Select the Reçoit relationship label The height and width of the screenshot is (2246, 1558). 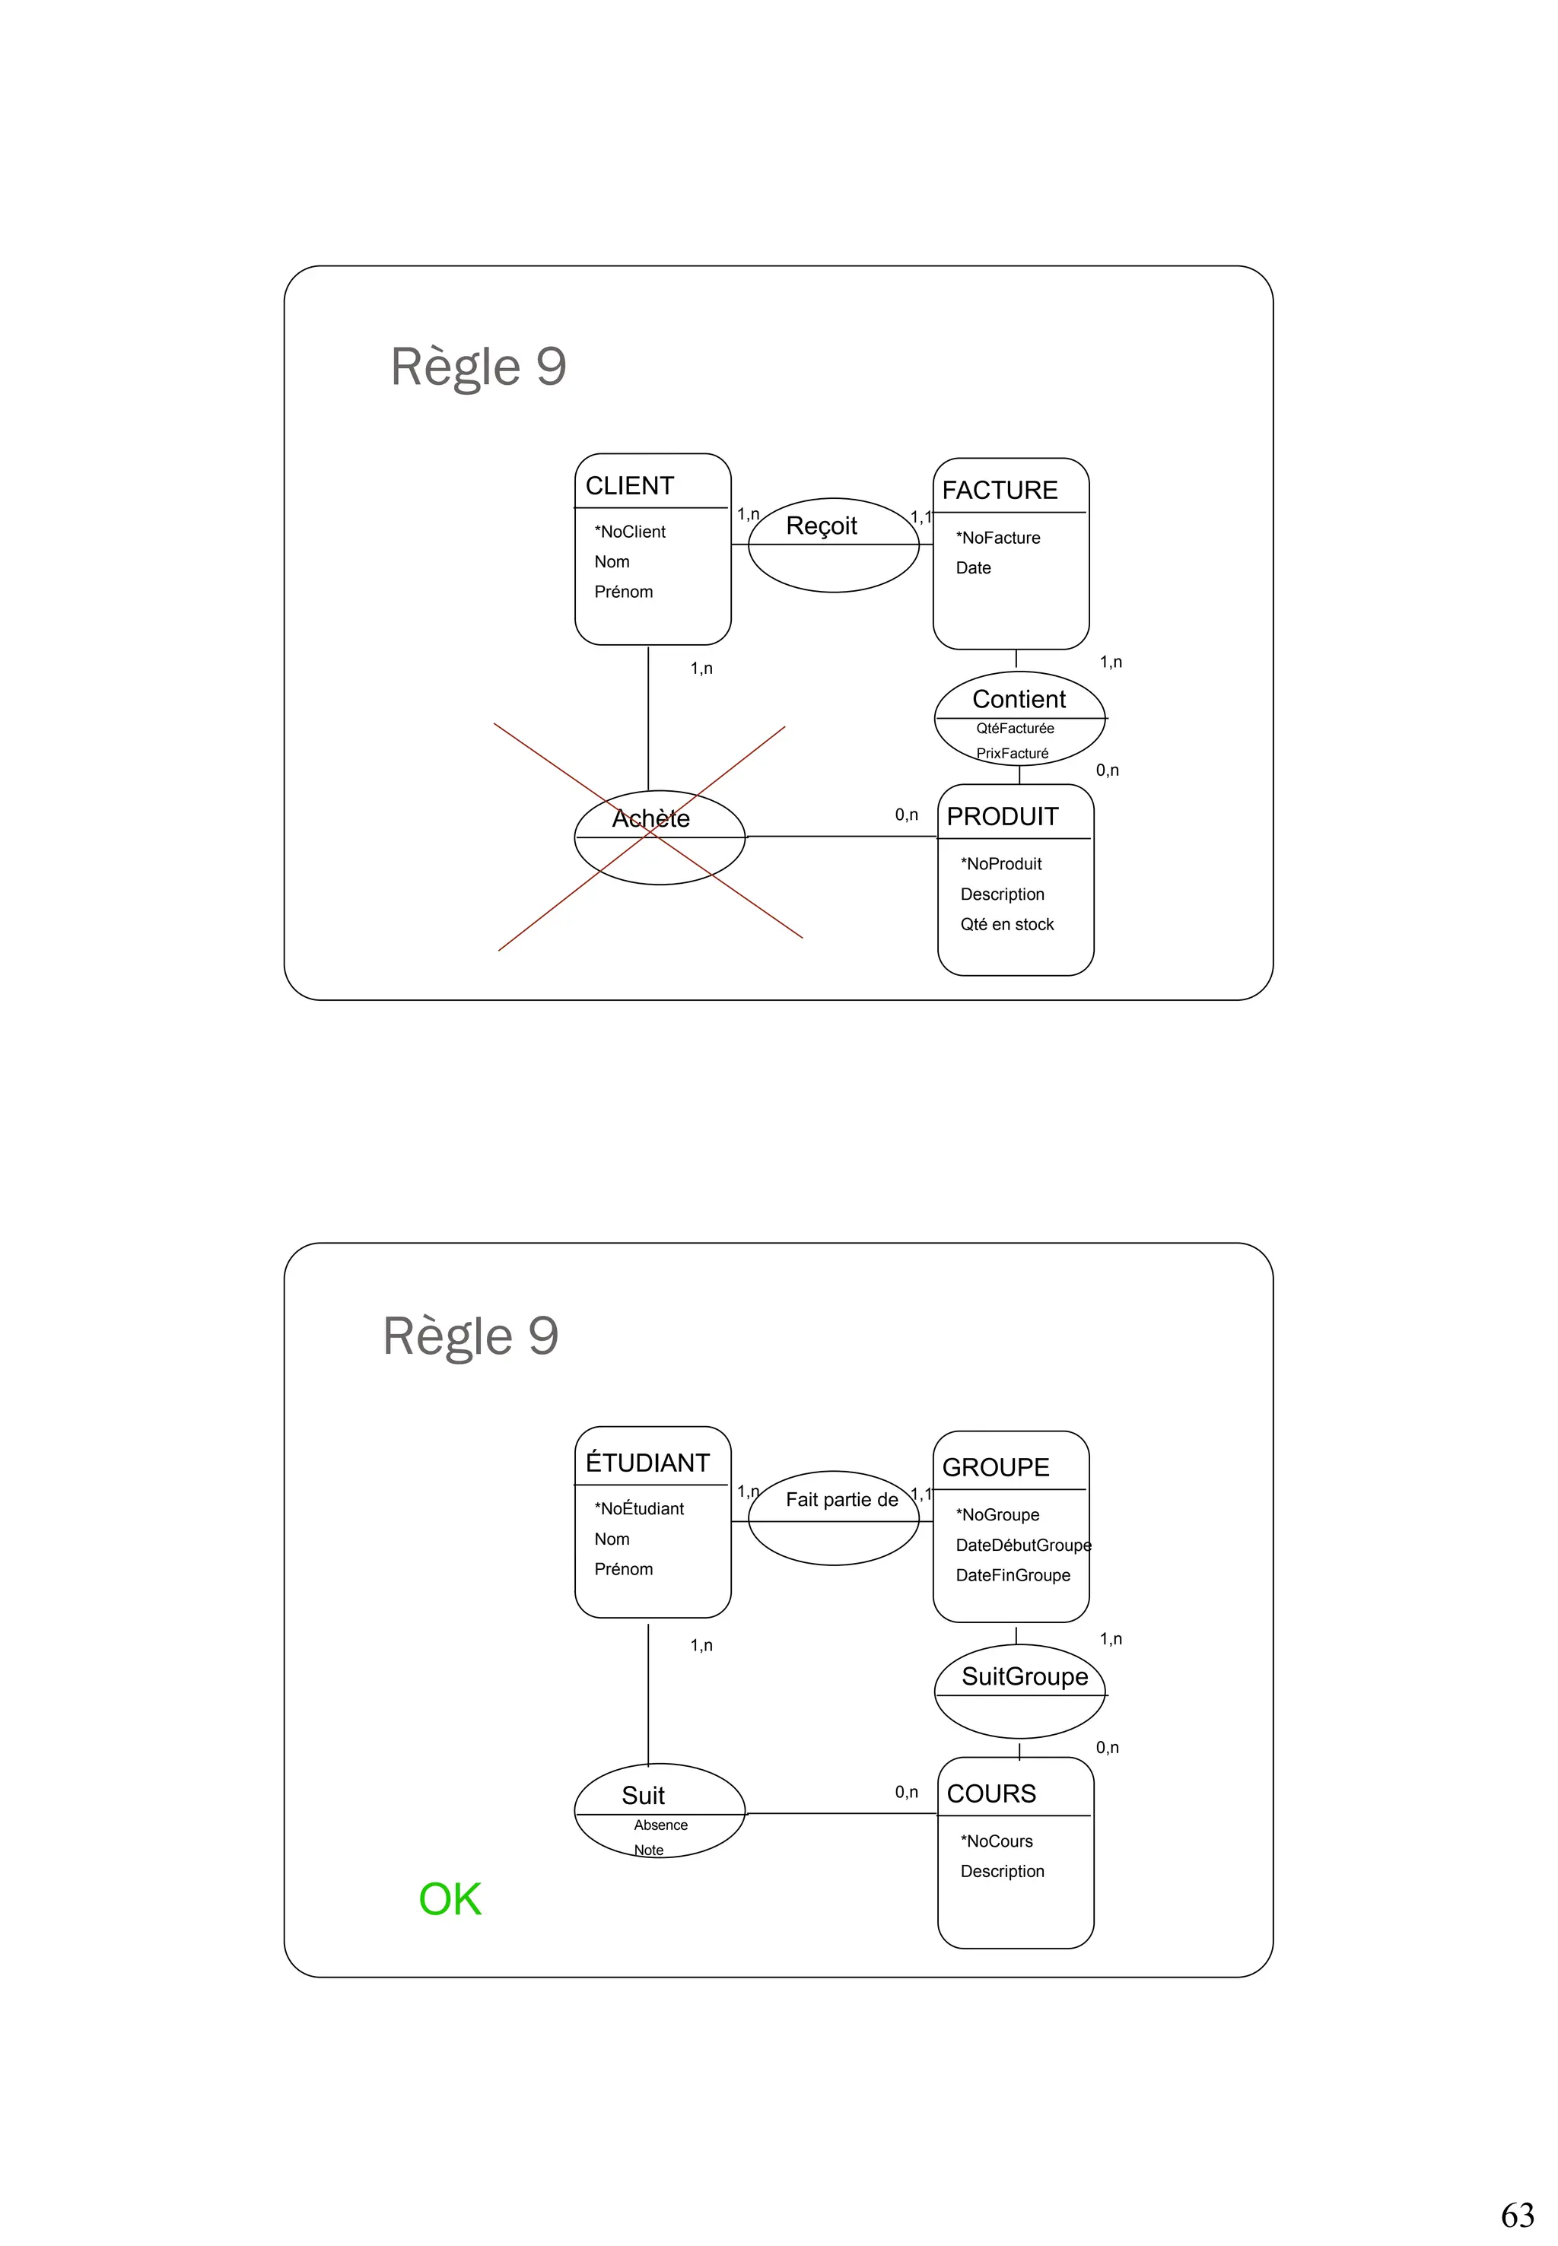tap(821, 526)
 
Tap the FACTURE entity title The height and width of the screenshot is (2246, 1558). tap(999, 490)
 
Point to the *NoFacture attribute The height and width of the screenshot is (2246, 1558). tap(997, 538)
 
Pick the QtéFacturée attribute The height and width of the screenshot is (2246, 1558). tap(1014, 728)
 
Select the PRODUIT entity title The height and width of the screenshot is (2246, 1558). tap(1002, 817)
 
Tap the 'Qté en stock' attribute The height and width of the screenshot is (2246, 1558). tap(1006, 924)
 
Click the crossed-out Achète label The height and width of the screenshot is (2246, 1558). tap(650, 819)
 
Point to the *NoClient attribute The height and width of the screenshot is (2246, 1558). tap(630, 532)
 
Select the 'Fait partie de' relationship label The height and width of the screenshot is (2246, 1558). tap(841, 1501)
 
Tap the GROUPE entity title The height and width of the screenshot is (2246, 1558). tap(995, 1468)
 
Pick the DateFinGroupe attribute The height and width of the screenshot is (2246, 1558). tap(1013, 1575)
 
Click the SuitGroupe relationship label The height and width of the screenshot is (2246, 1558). tap(1024, 1677)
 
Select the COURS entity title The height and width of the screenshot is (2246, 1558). tap(990, 1794)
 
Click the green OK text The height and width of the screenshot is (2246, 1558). tap(450, 1899)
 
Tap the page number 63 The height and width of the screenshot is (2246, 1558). tap(1517, 2216)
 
